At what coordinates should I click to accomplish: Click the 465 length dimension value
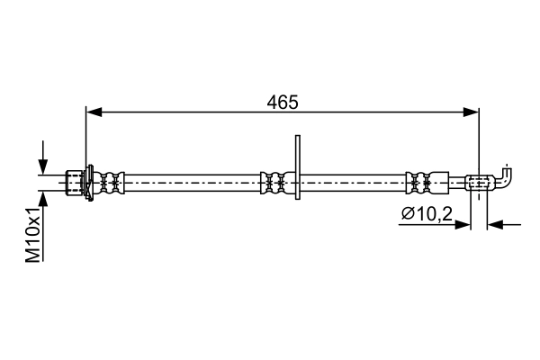283,102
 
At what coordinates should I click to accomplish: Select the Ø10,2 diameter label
428,213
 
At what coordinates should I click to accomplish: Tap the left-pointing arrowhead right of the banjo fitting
495,224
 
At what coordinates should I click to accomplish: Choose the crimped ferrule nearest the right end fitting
418,182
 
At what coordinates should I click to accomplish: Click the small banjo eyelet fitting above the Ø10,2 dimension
479,183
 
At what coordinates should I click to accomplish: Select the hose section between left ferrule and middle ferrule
193,182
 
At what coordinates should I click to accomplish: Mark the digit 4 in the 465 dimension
272,102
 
